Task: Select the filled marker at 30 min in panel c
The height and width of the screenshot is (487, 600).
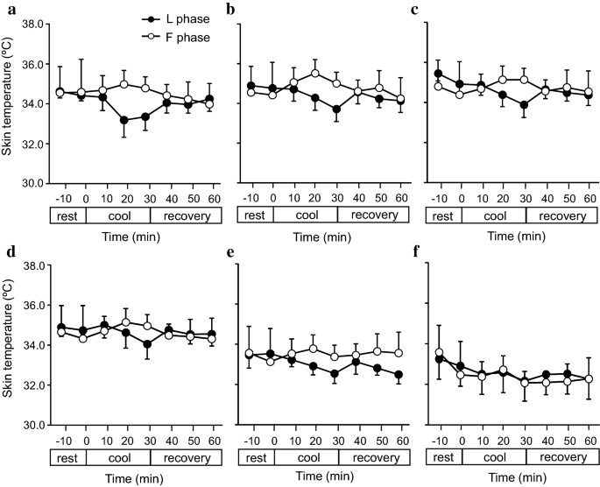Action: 523,105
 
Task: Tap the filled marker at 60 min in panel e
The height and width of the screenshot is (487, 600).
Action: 399,375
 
